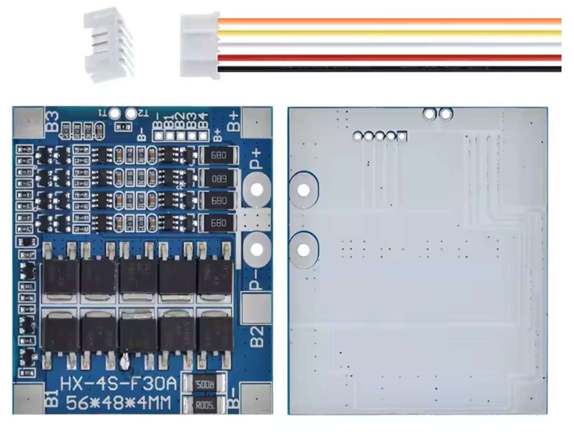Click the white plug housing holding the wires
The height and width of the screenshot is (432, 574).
pos(199,45)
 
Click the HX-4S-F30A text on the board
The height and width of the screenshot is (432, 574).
pos(119,384)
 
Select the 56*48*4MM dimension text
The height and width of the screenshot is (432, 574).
pos(117,404)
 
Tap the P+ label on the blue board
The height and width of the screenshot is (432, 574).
pos(256,160)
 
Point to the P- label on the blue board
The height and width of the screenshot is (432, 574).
pos(256,278)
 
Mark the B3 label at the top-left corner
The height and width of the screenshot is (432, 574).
pos(52,120)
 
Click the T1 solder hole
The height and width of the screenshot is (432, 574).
pos(115,114)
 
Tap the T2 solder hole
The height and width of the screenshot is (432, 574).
pos(131,114)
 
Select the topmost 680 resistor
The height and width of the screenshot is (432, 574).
pos(218,155)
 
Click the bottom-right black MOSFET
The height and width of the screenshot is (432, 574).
pos(215,334)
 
